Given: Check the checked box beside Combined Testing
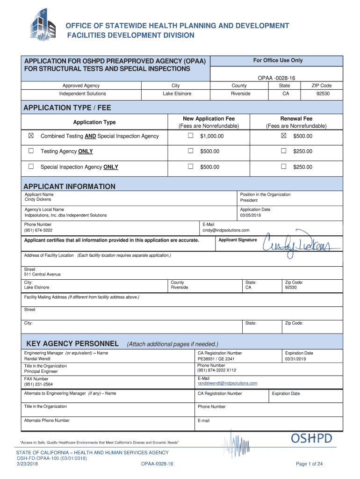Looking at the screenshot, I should [31, 136].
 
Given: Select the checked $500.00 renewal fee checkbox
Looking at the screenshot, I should [283, 136].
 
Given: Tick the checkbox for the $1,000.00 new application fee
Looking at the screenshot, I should [190, 136].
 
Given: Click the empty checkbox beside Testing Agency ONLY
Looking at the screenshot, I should [31, 151].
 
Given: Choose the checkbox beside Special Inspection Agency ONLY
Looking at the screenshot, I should [31, 167].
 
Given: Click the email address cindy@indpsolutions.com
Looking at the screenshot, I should [226, 230].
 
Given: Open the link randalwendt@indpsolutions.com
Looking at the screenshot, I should [227, 383].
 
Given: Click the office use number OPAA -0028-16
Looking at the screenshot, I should [277, 78].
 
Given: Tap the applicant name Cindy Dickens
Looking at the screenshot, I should [38, 199].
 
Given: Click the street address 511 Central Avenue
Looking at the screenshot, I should [42, 274].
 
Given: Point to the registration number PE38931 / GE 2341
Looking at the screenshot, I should [216, 359].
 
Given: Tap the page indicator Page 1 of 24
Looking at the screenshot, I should [310, 464].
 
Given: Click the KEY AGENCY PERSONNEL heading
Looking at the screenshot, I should [72, 343].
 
